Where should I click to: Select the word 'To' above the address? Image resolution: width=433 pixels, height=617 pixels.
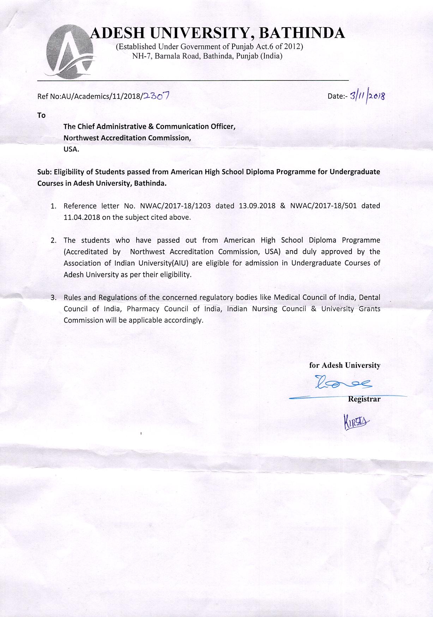(41, 115)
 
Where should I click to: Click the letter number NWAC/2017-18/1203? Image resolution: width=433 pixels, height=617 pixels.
(175, 206)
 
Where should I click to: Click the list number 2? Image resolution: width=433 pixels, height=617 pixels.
(54, 241)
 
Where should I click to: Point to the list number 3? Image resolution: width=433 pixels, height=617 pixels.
(54, 298)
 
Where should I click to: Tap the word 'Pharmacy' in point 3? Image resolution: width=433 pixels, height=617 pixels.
(143, 309)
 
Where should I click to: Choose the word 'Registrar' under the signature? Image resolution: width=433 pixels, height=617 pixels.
(364, 399)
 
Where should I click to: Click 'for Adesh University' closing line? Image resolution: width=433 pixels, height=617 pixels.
(344, 365)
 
